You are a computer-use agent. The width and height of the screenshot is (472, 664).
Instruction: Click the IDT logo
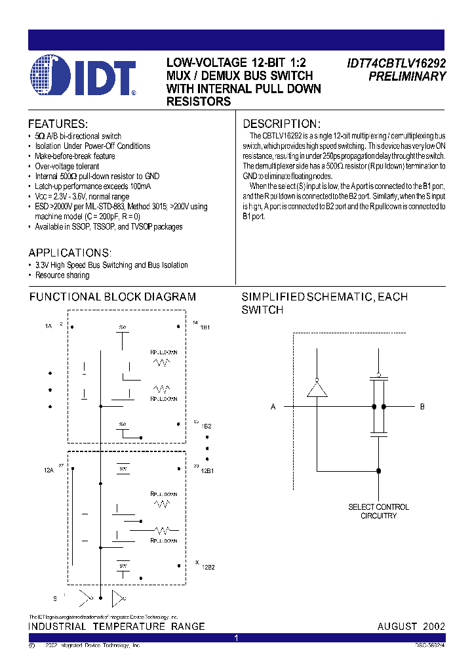tap(83, 77)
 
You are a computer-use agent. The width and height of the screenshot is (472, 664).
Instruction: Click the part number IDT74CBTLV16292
tap(396, 64)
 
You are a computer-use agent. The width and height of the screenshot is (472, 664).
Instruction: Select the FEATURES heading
tap(58, 123)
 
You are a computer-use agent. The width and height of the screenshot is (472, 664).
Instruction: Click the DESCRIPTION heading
tap(281, 123)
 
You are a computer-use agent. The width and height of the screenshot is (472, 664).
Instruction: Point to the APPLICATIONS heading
tap(70, 253)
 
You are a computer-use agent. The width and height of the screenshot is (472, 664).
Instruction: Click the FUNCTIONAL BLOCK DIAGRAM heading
tap(112, 297)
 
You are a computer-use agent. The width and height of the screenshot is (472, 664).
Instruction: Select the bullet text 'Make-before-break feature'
tap(75, 156)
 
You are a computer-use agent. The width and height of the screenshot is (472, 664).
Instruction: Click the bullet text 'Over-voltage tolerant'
tap(68, 166)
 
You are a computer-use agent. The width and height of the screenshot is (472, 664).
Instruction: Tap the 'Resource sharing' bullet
tap(62, 275)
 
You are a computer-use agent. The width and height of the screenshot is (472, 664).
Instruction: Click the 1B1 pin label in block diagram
tap(206, 327)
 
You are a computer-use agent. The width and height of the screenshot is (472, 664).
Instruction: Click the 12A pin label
tap(49, 470)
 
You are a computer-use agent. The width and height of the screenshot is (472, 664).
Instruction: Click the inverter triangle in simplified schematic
tap(317, 390)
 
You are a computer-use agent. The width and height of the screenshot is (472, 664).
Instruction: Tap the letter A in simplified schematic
tap(273, 407)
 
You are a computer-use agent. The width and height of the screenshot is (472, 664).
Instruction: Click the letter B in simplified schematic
tap(422, 407)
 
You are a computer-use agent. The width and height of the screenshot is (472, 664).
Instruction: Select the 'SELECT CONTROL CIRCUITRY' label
tap(378, 511)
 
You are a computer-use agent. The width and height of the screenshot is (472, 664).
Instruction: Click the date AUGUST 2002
tap(410, 627)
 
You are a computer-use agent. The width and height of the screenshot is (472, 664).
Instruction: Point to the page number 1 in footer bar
tap(236, 638)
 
